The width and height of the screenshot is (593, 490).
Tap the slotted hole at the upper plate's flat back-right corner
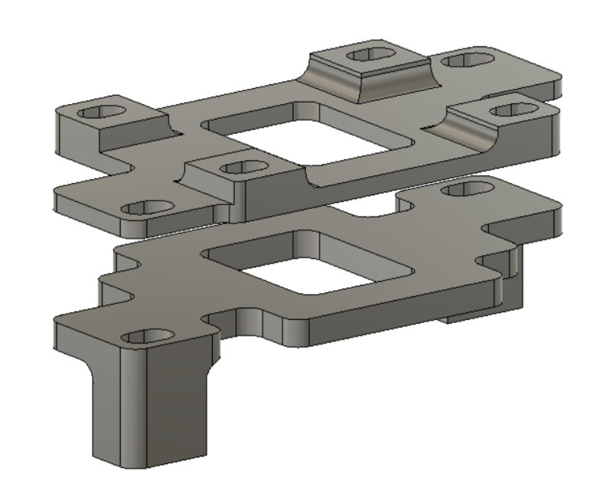click(x=464, y=59)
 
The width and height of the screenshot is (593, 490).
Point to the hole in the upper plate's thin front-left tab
click(x=147, y=207)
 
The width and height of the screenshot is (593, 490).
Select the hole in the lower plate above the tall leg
click(x=148, y=335)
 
